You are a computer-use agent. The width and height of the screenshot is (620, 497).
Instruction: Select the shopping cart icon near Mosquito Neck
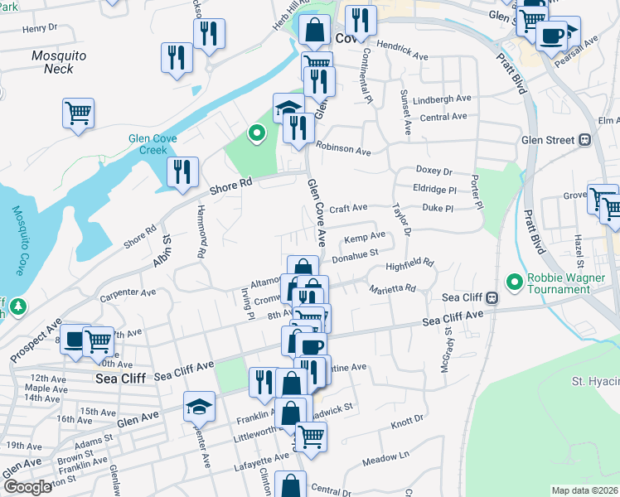(x=78, y=113)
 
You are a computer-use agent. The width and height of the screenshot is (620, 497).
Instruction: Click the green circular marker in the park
(x=257, y=132)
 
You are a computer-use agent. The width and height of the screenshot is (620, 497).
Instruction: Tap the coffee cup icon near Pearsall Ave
(x=550, y=36)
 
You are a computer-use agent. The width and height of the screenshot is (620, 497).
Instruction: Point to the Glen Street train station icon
(x=583, y=140)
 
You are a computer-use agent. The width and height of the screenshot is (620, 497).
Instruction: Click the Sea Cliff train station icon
(x=492, y=297)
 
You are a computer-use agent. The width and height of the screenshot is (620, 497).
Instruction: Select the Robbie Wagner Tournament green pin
(x=515, y=283)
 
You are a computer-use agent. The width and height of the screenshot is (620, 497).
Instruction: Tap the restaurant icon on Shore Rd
(x=182, y=172)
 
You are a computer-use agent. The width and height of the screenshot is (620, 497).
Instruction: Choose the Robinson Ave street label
(x=341, y=152)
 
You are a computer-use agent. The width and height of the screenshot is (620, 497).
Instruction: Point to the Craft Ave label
(x=348, y=208)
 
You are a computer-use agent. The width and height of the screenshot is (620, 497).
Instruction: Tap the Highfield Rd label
(x=409, y=264)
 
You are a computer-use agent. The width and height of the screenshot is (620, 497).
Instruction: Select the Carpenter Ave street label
(x=128, y=292)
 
